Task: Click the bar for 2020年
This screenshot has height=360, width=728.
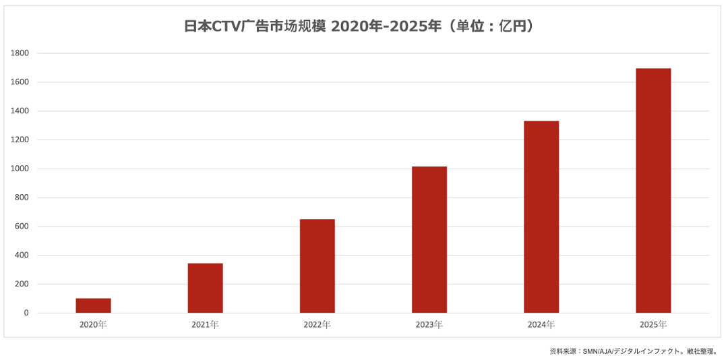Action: click(93, 305)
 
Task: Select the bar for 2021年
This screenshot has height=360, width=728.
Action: click(205, 288)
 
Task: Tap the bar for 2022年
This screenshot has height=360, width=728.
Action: click(317, 266)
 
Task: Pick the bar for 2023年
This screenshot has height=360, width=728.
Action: click(429, 239)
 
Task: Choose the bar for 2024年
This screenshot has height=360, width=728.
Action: click(541, 216)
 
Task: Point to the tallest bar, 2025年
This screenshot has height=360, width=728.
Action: click(653, 190)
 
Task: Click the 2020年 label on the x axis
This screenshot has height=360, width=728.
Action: click(93, 325)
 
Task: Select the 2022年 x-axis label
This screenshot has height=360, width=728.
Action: click(317, 325)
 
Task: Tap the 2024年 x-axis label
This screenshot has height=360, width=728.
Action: click(541, 325)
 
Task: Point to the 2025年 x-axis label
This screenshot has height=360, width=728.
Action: click(653, 325)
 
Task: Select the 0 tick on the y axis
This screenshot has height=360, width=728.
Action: click(26, 313)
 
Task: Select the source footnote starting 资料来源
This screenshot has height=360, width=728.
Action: click(633, 351)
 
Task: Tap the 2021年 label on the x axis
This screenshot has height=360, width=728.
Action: click(205, 325)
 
